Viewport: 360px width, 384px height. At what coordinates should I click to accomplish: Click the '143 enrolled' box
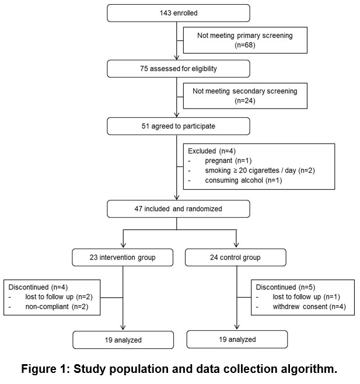coord(179,13)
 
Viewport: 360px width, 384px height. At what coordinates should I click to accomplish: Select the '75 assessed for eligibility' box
coord(179,69)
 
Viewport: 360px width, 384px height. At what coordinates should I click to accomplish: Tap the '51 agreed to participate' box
coord(179,126)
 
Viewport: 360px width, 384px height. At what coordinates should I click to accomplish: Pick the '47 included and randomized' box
coord(179,209)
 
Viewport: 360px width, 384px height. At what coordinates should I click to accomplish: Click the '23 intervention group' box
coord(123,257)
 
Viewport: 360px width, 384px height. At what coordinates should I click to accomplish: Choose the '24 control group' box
coord(236,257)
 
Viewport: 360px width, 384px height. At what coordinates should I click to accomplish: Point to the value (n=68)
coord(245,45)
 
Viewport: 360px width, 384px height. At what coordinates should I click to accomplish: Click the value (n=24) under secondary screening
coord(245,100)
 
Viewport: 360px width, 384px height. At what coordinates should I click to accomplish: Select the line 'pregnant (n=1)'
coord(228,160)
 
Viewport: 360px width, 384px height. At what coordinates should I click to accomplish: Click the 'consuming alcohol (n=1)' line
coord(243,180)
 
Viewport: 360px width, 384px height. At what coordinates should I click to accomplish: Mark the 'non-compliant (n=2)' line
coord(57,306)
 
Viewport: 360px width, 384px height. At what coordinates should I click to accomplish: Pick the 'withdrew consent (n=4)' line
coord(309,306)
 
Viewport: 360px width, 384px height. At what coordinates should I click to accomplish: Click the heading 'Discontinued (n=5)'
coord(285,287)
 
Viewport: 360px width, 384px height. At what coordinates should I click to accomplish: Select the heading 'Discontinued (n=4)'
coord(38,287)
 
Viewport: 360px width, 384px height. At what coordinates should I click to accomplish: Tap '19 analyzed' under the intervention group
coord(123,340)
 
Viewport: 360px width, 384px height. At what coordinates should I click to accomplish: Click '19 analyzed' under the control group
coord(237,340)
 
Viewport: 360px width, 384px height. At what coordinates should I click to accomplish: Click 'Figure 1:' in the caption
coord(46,369)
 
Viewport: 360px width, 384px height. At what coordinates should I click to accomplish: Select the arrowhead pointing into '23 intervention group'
coord(123,245)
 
